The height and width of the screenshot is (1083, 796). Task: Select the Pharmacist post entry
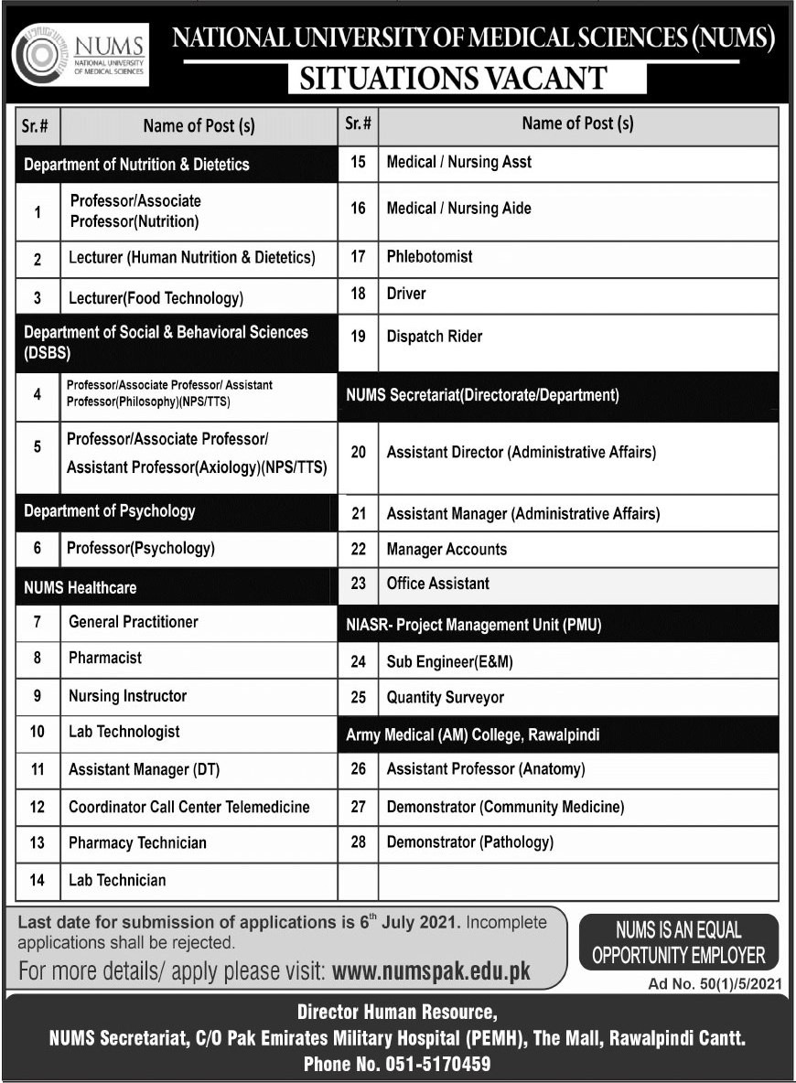pos(105,658)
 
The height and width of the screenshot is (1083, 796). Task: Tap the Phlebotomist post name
pos(429,256)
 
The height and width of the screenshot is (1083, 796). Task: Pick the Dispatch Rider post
pos(435,336)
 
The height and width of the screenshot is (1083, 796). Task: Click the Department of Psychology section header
pos(110,510)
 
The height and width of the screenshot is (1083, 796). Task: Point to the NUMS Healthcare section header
pos(81,586)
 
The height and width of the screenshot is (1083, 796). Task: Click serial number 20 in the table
pos(358,452)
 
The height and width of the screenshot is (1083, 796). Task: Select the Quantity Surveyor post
pos(446,697)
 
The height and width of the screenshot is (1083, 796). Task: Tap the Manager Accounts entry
pos(446,549)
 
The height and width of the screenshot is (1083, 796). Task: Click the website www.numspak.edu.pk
pos(431,970)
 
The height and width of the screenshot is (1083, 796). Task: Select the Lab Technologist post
pos(124,732)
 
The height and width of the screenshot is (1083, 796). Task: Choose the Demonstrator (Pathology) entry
pos(470,842)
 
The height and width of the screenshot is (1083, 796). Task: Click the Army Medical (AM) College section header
pos(473,735)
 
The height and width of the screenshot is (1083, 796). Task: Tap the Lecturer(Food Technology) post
pos(156,297)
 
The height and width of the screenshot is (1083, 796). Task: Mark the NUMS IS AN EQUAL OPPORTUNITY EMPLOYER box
pos(678,943)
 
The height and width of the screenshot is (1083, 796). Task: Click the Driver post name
pos(406,294)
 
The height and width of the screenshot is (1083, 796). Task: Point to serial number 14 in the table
pos(38,880)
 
